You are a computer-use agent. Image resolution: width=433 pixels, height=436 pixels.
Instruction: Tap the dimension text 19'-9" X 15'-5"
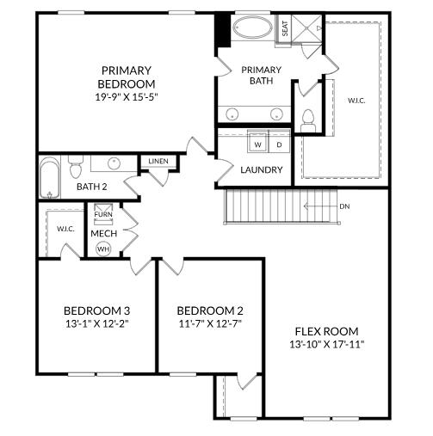[x=127, y=97]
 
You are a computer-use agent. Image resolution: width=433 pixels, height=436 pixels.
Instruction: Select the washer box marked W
[x=257, y=144]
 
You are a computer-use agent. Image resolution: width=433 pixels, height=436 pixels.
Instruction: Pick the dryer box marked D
[x=278, y=144]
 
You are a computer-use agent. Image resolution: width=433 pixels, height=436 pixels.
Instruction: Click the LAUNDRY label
[x=261, y=169]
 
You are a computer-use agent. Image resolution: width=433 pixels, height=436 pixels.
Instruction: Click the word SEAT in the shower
[x=285, y=28]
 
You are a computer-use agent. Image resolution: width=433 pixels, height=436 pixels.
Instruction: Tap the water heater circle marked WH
[x=104, y=249]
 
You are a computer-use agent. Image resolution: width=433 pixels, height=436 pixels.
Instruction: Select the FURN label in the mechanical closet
[x=104, y=214]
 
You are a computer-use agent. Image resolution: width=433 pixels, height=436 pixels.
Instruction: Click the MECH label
[x=104, y=233]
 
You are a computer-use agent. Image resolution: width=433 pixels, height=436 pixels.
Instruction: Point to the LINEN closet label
[x=158, y=162]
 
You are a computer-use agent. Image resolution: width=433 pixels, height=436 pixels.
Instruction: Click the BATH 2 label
[x=91, y=187]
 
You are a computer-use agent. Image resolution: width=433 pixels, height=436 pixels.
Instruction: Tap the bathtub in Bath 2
[x=47, y=179]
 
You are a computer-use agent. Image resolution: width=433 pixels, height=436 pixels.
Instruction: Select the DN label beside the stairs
[x=344, y=206]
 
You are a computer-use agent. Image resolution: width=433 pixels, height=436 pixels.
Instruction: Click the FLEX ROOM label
[x=326, y=331]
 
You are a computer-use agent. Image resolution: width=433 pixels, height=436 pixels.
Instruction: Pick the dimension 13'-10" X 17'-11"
[x=326, y=345]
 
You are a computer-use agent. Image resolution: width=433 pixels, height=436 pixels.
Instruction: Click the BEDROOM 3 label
[x=96, y=310]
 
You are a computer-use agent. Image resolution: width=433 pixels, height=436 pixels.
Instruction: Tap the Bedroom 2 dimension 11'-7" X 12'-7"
[x=210, y=324]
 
